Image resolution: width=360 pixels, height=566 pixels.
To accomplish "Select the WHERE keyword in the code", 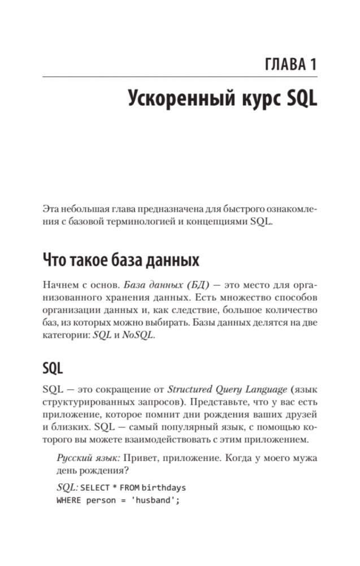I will (68, 499).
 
